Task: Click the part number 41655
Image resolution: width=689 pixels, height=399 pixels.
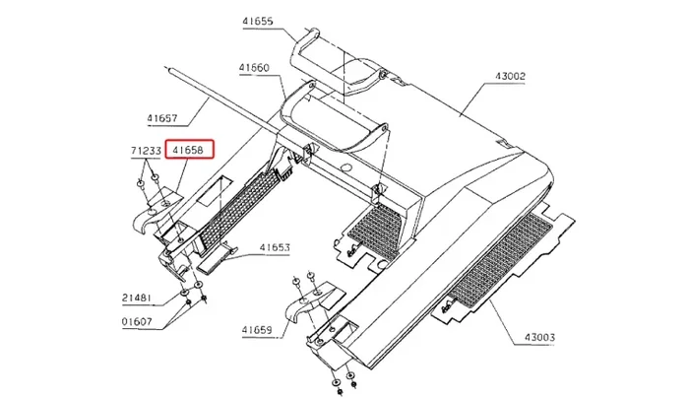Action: point(258,21)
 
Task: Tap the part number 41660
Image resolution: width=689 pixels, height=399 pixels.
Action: point(254,68)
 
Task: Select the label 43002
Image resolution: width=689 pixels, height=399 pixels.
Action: point(510,76)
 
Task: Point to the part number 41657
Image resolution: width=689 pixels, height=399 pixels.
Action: point(162,118)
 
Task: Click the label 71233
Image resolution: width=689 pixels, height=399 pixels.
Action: point(146,151)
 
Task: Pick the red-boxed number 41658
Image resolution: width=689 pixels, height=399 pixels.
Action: point(188,150)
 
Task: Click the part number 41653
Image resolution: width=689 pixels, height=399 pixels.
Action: point(275,247)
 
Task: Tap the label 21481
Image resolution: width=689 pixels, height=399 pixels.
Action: point(136,299)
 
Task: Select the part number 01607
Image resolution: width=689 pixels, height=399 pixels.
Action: point(137,321)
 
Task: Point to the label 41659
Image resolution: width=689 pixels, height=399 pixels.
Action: point(257,330)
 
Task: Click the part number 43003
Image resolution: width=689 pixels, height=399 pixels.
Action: point(539,338)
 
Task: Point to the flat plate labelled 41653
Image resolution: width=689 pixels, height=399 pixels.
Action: point(216,259)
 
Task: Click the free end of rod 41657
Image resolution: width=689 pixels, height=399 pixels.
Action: point(166,69)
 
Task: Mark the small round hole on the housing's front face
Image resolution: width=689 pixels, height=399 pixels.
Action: point(346,167)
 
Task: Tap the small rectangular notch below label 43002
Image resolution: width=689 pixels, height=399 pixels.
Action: point(500,144)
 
